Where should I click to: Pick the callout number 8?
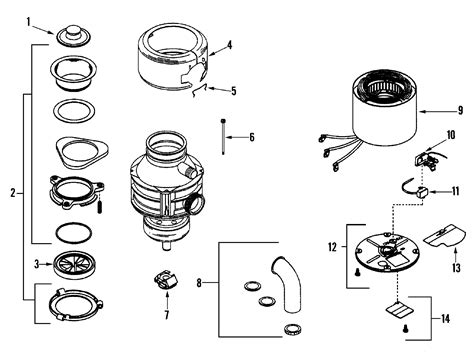pyautogui.click(x=200, y=283)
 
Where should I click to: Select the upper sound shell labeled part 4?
pyautogui.click(x=171, y=59)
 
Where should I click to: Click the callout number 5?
pyautogui.click(x=234, y=91)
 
